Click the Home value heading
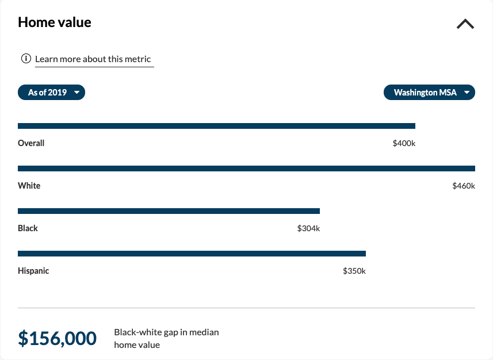point(55,22)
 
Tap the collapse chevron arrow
point(465,24)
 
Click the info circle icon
point(26,59)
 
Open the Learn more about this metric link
point(93,59)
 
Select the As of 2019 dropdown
point(51,93)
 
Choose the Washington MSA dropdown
point(429,93)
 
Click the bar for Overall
point(216,126)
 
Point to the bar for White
point(246,168)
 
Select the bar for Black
point(169,211)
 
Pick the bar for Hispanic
point(192,254)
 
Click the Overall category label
point(31,143)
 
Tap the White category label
point(29,186)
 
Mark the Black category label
point(28,228)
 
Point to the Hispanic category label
point(33,271)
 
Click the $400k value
point(404,143)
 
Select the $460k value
point(464,186)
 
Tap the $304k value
point(308,228)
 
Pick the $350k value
point(354,271)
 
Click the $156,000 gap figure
point(57,339)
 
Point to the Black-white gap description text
point(166,339)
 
